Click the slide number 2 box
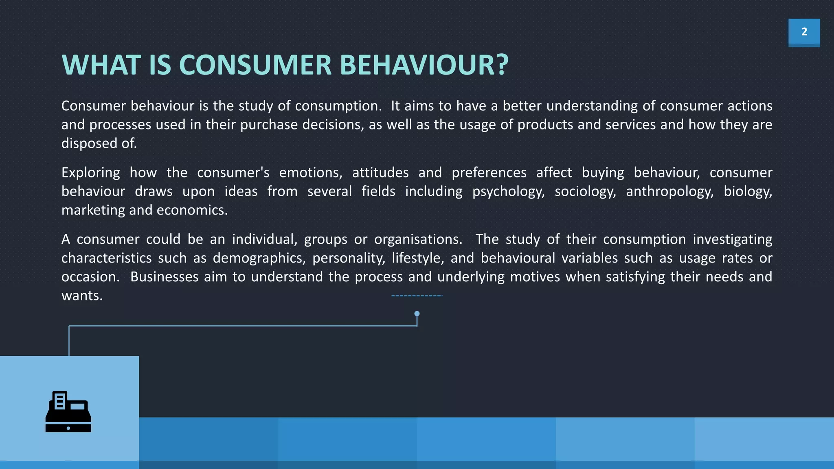click(804, 32)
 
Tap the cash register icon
click(68, 412)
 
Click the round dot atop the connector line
click(417, 313)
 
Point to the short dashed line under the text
click(417, 296)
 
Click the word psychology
click(508, 191)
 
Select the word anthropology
click(669, 191)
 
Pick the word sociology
click(585, 191)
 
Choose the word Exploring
click(90, 173)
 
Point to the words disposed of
click(99, 143)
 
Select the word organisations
click(418, 239)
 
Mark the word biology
click(747, 191)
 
